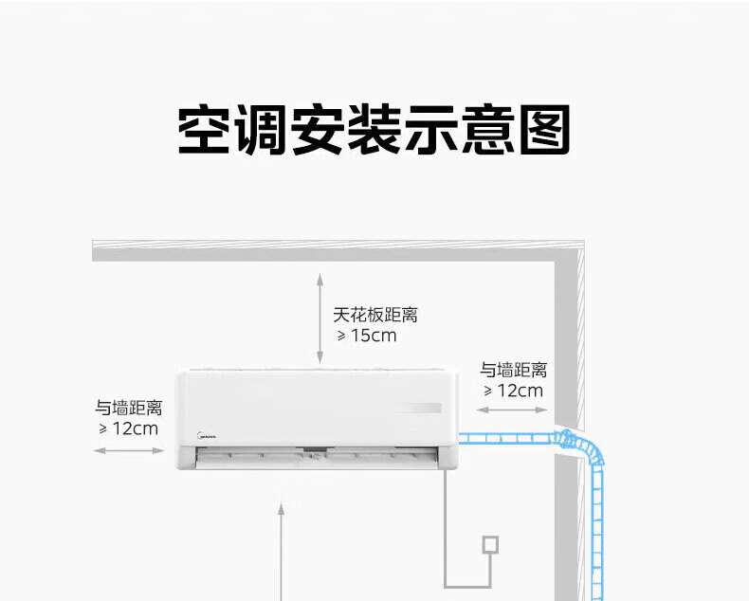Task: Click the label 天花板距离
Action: coord(374,315)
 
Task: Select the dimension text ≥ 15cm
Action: coord(367,336)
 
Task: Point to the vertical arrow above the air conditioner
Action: coord(320,319)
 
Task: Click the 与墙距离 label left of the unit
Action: coord(128,409)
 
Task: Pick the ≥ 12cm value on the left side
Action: coord(128,428)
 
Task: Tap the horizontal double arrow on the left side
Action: coord(129,450)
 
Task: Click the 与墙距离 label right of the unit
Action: coord(513,370)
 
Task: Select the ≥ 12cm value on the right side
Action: coord(513,391)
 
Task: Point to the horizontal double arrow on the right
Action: coord(512,410)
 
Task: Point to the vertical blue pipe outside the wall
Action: coord(596,531)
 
